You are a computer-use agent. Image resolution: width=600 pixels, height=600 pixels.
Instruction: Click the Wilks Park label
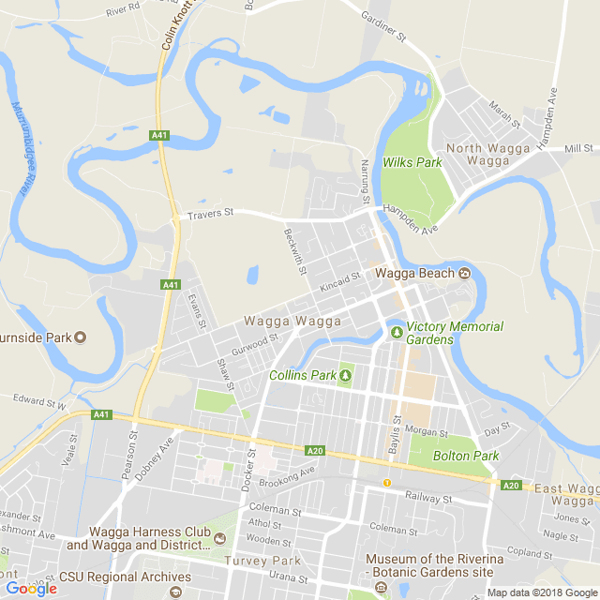(412, 162)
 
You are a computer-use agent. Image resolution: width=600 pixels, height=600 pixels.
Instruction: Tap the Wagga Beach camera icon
(464, 274)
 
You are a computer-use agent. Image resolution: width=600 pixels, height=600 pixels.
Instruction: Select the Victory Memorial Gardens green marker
(397, 331)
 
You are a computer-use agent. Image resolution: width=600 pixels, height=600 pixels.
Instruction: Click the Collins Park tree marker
(345, 376)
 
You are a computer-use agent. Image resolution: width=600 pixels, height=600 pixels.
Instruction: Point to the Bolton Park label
(466, 456)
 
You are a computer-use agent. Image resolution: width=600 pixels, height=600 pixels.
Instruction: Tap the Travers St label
(209, 214)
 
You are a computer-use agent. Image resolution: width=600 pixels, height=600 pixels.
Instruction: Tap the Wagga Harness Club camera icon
(219, 538)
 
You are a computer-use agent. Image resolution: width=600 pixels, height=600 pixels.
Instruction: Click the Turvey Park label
(262, 561)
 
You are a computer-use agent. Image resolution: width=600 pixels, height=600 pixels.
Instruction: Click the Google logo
(31, 588)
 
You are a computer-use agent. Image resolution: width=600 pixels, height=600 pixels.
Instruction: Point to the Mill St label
(578, 148)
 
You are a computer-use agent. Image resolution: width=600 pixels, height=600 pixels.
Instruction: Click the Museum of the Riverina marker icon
(381, 588)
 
